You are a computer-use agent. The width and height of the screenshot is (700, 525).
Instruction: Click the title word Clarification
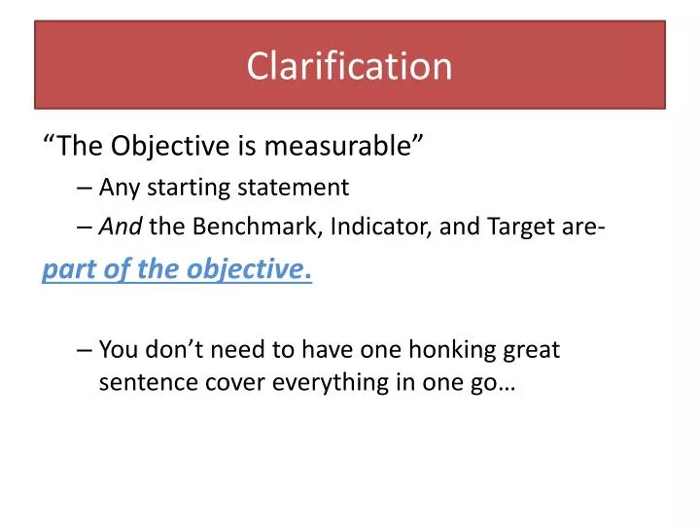(x=349, y=67)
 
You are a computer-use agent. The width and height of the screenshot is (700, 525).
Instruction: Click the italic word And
(x=122, y=227)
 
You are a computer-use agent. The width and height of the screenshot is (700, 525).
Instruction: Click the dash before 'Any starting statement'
(x=84, y=188)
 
